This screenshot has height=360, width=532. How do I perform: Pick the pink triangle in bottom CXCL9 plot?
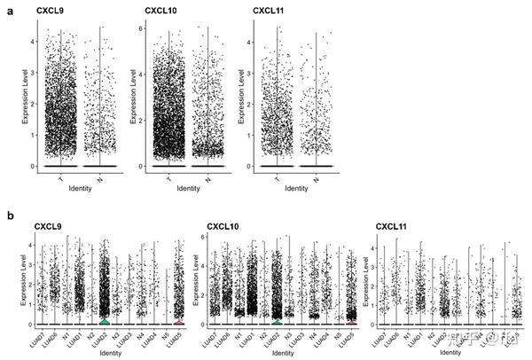pyautogui.click(x=179, y=322)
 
